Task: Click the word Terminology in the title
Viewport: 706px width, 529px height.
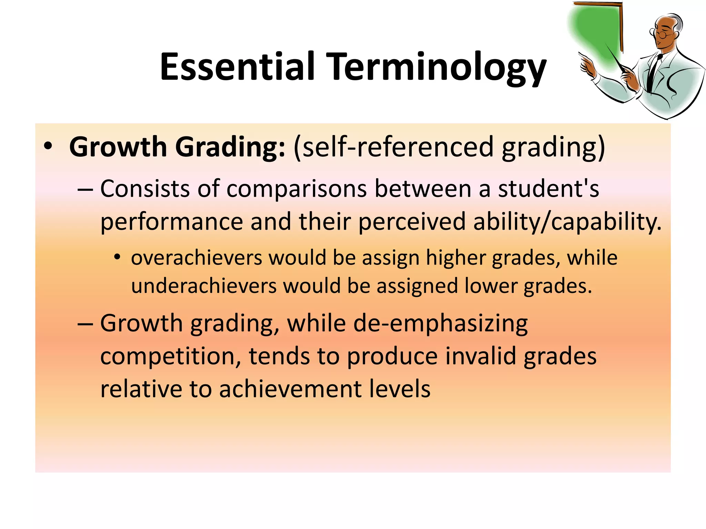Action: [438, 68]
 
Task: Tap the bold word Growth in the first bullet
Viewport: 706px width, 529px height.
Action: [118, 147]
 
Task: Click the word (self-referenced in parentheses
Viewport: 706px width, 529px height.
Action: [393, 147]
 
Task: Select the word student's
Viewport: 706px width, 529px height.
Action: [548, 189]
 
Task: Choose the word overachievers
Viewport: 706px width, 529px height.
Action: [196, 258]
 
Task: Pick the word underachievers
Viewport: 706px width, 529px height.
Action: [204, 286]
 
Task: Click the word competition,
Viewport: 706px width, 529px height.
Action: [171, 356]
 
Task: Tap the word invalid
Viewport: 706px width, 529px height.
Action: [481, 356]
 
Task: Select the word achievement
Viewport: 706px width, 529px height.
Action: [290, 389]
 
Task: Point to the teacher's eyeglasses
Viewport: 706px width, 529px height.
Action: [660, 33]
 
